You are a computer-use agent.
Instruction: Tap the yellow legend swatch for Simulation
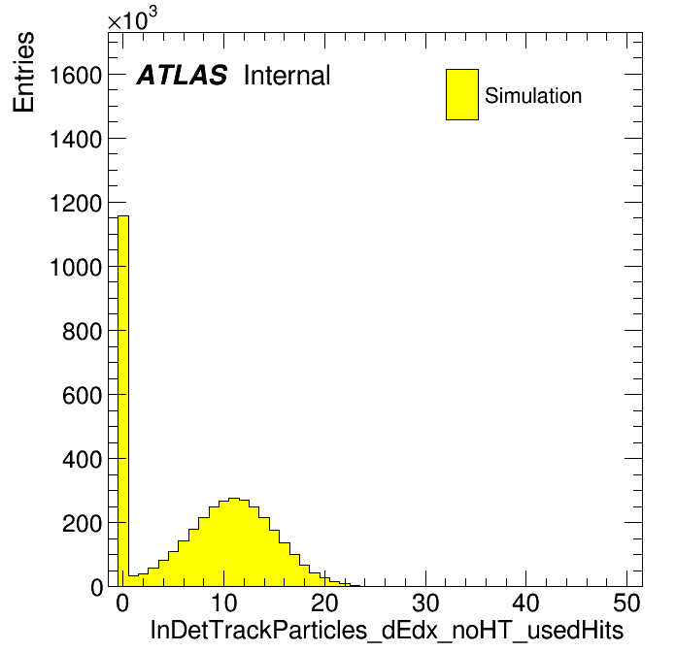coord(461,94)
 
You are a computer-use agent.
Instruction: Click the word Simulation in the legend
coord(533,95)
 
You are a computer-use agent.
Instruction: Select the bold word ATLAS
coord(182,76)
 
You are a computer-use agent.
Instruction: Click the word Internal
coord(287,76)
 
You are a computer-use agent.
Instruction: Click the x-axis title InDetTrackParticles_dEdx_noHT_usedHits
coord(386,630)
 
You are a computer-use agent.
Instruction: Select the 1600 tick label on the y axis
coord(76,75)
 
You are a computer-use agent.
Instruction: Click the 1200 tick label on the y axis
coord(76,203)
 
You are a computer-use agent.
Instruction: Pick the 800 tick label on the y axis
coord(85,331)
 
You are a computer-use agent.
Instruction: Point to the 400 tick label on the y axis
coord(85,459)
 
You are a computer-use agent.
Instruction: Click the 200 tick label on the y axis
coord(85,523)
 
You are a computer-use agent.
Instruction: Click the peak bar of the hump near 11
coord(233,543)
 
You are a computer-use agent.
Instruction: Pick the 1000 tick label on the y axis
coord(76,267)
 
